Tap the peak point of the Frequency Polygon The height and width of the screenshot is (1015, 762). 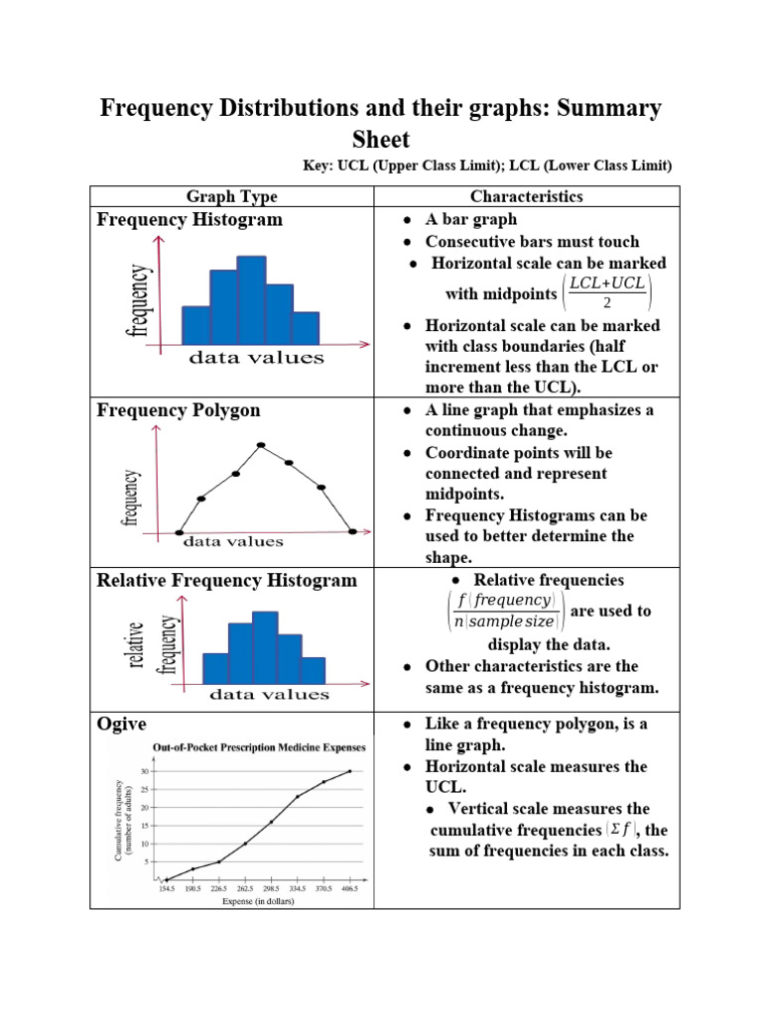pyautogui.click(x=261, y=445)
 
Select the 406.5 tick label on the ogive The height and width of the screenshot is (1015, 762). pyautogui.click(x=349, y=890)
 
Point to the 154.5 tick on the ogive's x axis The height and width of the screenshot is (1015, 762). pyautogui.click(x=166, y=890)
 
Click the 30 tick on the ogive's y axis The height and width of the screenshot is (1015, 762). pyautogui.click(x=145, y=771)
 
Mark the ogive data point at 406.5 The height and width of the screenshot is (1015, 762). pyautogui.click(x=349, y=771)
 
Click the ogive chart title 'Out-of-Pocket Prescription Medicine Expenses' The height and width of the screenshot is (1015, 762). pyautogui.click(x=258, y=747)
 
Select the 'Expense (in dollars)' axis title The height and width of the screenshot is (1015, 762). pyautogui.click(x=256, y=902)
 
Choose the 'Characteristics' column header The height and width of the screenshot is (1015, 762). pyautogui.click(x=527, y=196)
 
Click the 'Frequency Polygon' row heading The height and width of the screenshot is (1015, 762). pyautogui.click(x=178, y=410)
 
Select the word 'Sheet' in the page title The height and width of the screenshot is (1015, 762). pyautogui.click(x=380, y=140)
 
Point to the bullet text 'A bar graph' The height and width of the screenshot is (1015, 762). pyautogui.click(x=470, y=219)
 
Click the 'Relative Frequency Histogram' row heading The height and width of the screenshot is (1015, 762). pyautogui.click(x=226, y=580)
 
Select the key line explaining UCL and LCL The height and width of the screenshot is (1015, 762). pyautogui.click(x=487, y=165)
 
